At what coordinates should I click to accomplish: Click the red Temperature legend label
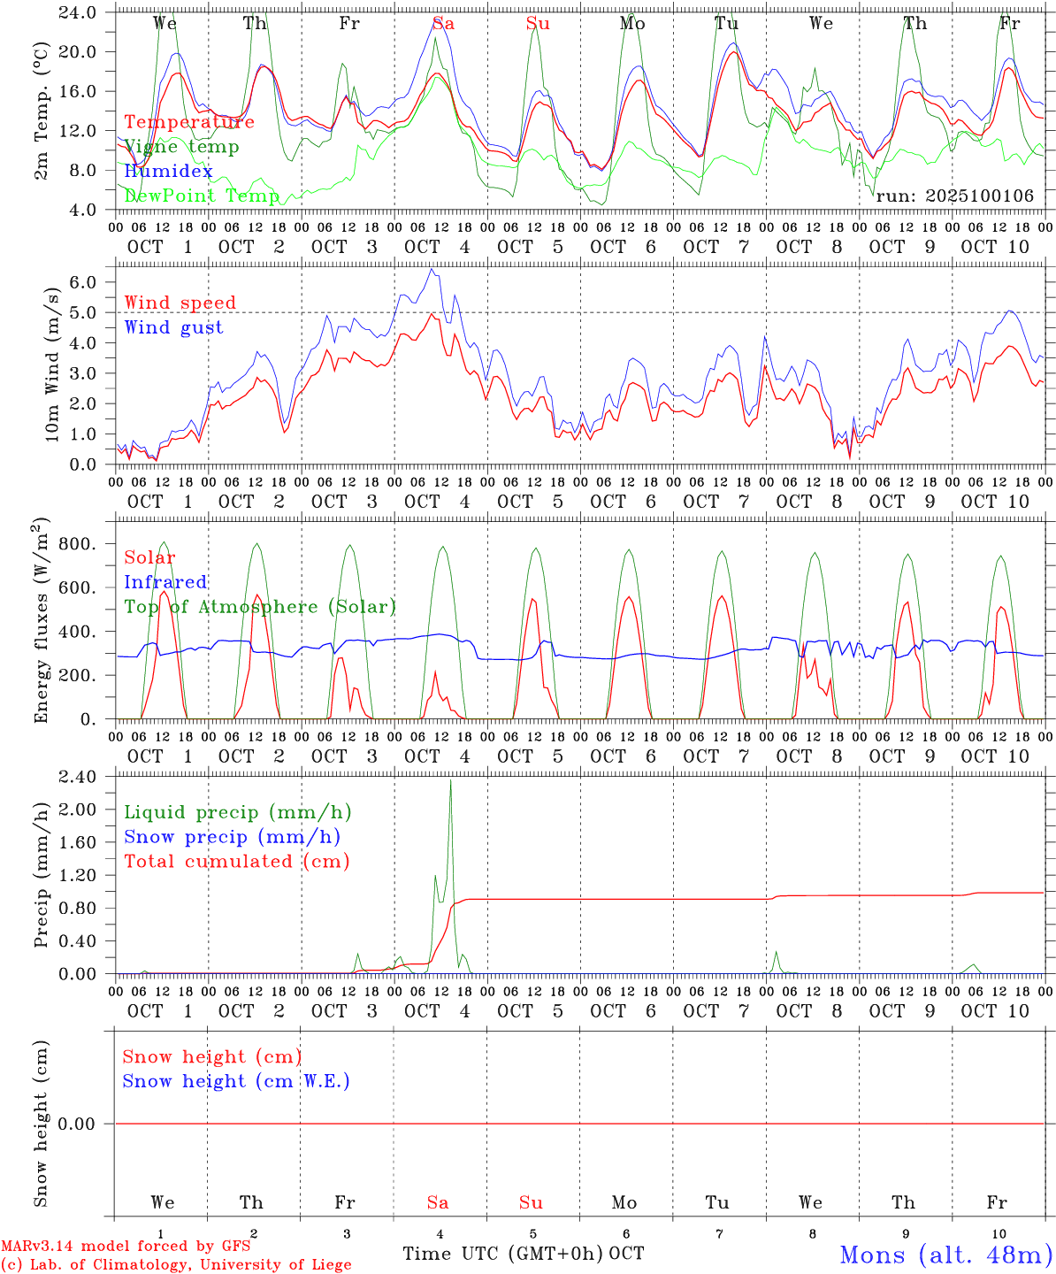pos(188,122)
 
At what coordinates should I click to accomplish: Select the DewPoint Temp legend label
pos(202,196)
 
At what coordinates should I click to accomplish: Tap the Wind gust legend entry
pos(173,327)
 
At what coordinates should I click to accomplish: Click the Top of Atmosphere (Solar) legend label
pos(259,607)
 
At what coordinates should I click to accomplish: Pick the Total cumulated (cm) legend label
pos(236,861)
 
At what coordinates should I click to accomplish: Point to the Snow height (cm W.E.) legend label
pos(235,1081)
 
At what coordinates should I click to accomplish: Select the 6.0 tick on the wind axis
pos(87,282)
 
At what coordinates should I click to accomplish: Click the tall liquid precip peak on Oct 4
pos(450,781)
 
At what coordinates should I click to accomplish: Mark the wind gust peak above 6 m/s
pos(431,270)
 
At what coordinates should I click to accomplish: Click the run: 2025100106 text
pos(954,196)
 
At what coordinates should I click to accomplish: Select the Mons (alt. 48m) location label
pos(945,1255)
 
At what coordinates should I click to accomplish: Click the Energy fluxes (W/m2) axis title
pos(41,623)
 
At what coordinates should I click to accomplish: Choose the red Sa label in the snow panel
pos(437,1202)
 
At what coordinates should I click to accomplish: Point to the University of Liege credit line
pos(177,1264)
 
